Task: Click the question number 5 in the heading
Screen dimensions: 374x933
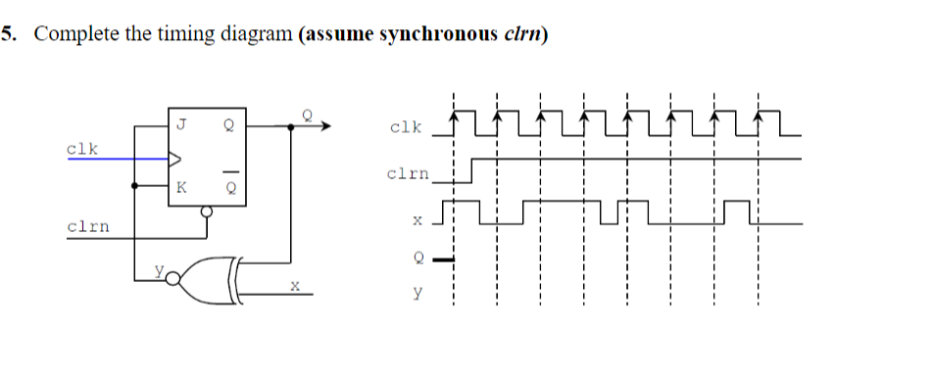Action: [8, 35]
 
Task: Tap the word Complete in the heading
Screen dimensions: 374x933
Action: [73, 35]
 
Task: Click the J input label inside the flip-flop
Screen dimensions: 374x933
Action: [181, 124]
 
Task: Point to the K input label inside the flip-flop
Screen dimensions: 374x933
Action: [181, 187]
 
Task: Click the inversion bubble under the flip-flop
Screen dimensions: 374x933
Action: [206, 210]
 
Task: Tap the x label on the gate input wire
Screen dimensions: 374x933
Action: [291, 285]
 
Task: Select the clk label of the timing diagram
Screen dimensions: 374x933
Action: [405, 127]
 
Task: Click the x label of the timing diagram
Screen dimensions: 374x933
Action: [417, 221]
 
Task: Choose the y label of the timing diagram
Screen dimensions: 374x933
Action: [418, 292]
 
